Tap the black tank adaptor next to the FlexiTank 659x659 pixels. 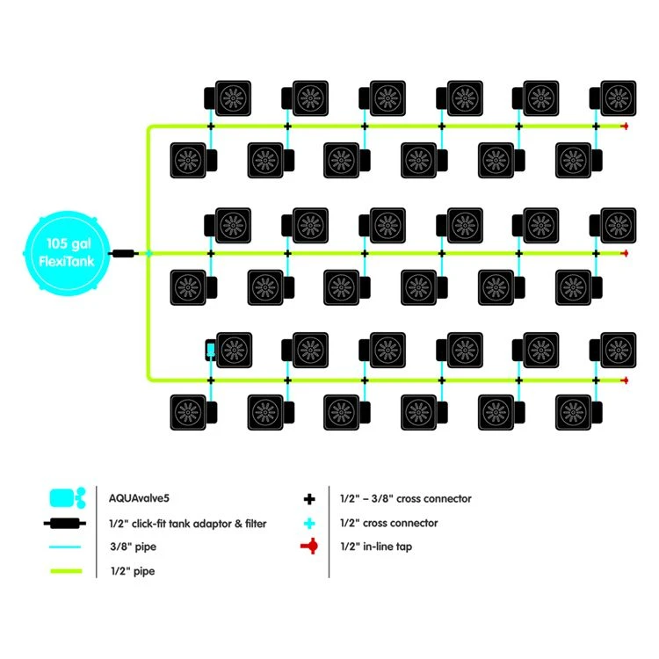coord(124,253)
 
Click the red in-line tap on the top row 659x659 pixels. coord(625,127)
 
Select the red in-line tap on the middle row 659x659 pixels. coord(625,253)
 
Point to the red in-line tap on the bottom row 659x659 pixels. coord(625,380)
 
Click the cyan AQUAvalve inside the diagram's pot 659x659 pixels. coord(211,351)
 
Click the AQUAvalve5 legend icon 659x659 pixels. coord(67,498)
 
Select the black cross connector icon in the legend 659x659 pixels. coord(309,499)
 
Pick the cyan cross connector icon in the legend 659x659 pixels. coord(309,523)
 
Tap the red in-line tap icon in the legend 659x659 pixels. coord(309,547)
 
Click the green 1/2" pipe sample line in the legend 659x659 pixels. coord(67,571)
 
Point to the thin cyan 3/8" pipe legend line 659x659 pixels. coord(67,547)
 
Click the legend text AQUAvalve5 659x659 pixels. coord(134,498)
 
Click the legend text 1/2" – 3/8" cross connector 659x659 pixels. coord(405,498)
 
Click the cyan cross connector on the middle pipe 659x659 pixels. coord(148,253)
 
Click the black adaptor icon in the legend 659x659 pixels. coord(67,523)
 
